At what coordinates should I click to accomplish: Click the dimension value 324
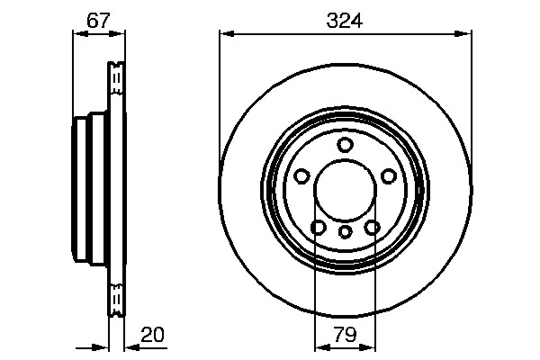(346, 20)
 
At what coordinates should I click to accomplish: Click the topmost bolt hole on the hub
(346, 145)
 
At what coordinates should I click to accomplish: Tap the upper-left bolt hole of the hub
(302, 176)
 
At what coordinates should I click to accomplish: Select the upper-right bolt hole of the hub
(389, 176)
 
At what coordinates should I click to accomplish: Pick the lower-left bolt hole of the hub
(319, 227)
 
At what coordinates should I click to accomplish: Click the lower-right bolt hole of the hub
(373, 227)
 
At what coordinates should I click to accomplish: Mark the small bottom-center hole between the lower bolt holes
(346, 231)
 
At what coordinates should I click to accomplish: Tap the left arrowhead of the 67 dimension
(76, 34)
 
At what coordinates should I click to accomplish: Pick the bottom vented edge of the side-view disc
(115, 301)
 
